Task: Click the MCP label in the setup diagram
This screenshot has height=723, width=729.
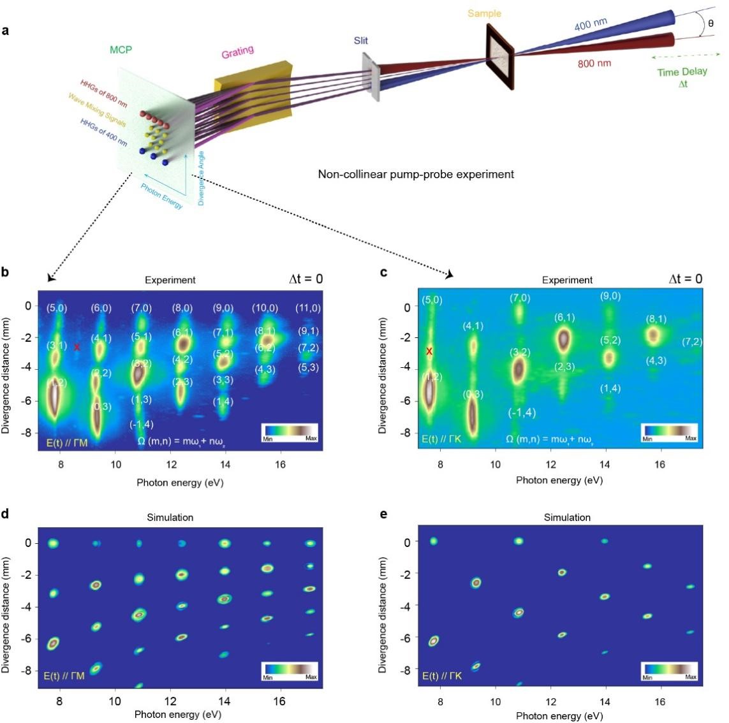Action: click(121, 50)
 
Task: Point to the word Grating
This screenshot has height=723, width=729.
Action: click(237, 52)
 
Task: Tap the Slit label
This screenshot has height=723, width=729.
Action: click(361, 41)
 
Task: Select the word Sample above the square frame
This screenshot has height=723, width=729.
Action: click(485, 13)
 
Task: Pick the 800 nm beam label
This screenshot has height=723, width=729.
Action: click(594, 63)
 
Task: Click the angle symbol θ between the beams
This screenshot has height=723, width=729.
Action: click(711, 24)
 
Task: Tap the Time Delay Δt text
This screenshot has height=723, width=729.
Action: click(682, 77)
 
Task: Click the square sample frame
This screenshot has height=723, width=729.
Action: click(501, 56)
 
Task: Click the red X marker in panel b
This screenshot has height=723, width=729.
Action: click(77, 347)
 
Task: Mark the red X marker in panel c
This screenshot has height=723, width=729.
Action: click(429, 351)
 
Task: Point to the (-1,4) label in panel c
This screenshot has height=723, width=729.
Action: click(522, 413)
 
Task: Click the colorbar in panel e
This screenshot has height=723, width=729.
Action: click(669, 669)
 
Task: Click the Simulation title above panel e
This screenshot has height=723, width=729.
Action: click(567, 518)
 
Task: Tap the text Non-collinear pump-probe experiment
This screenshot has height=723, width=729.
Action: click(416, 173)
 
